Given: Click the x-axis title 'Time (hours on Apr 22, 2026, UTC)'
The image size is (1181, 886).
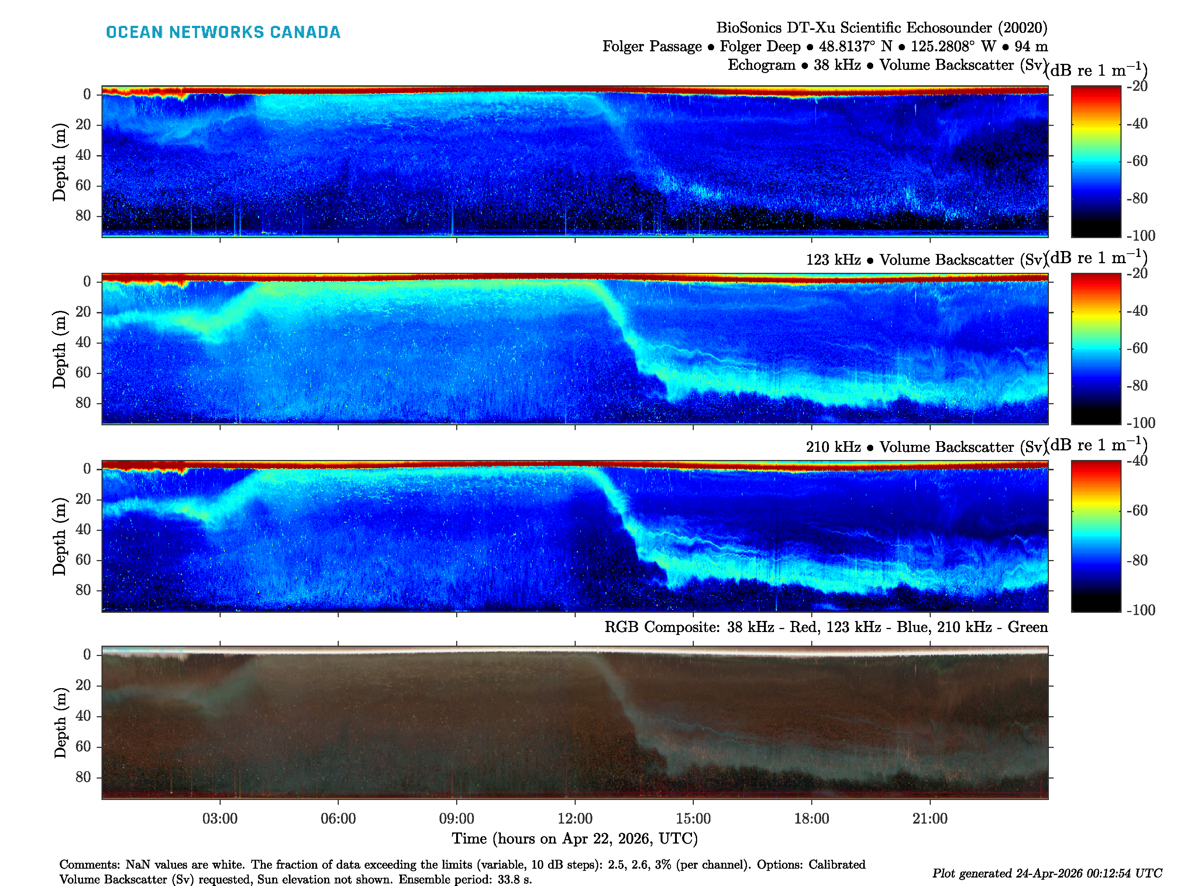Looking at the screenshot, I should click(x=575, y=838).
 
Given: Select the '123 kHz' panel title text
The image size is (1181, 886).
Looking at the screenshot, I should click(x=833, y=260).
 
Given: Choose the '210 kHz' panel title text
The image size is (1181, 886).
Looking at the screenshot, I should click(x=833, y=447).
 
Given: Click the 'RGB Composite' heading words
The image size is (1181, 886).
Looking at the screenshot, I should click(x=662, y=627).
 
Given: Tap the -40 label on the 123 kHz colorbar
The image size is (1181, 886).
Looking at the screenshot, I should click(x=1137, y=311).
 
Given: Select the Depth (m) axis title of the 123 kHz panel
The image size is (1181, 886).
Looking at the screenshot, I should click(x=59, y=349).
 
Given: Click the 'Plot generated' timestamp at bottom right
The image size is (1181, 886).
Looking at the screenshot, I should click(x=1046, y=873).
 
